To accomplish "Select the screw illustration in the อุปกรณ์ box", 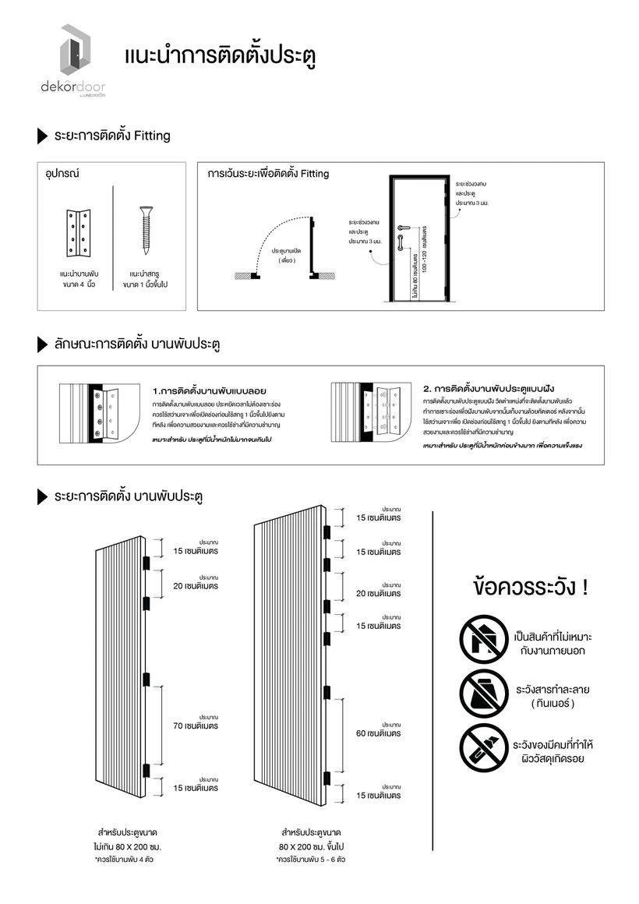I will pos(145,231).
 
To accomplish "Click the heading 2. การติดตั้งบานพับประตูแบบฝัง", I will pos(489,388).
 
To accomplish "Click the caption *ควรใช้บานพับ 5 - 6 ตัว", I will pos(311,860).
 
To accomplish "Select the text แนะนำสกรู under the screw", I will pos(145,275).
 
